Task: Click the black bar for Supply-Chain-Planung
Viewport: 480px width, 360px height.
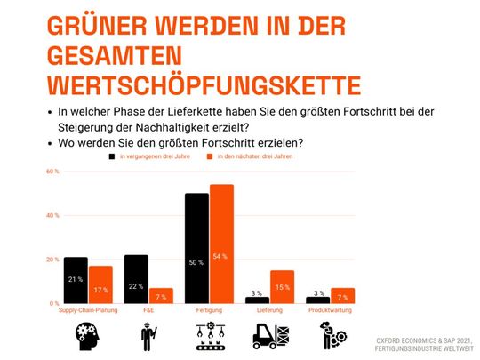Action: click(x=76, y=280)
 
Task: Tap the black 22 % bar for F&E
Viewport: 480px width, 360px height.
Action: click(x=136, y=279)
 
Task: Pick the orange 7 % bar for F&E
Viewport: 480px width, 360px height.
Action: click(x=160, y=295)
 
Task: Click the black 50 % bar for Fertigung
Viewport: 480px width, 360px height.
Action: click(x=196, y=248)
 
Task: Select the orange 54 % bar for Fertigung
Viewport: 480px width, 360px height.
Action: click(x=220, y=244)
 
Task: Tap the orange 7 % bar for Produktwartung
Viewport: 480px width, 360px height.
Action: click(x=342, y=295)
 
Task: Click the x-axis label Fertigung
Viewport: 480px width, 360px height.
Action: click(x=208, y=309)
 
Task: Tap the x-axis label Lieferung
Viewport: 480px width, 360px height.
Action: click(x=269, y=309)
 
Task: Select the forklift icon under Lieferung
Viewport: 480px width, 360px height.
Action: click(x=270, y=336)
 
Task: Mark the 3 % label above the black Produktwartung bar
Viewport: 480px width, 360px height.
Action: click(x=318, y=292)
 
